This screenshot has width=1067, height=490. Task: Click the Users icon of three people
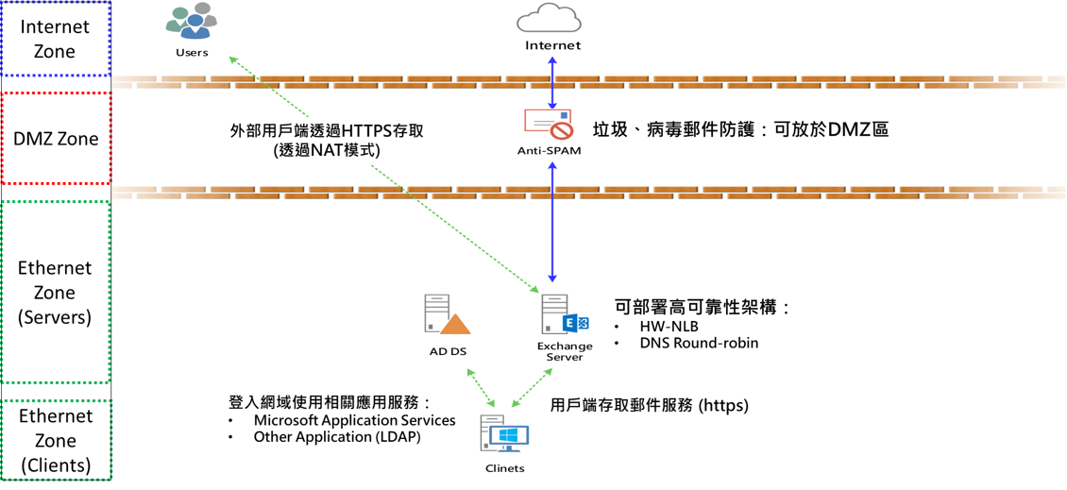pos(192,22)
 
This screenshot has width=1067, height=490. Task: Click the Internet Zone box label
pos(55,40)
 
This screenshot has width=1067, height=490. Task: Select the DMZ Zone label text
pos(56,139)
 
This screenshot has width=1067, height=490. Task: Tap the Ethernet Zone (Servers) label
pos(55,293)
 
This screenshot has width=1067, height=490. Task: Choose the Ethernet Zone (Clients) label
pos(55,440)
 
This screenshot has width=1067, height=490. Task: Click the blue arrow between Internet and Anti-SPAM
pos(553,80)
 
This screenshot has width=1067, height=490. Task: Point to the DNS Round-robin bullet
pos(698,343)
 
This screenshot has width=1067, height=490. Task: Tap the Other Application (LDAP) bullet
pos(337,437)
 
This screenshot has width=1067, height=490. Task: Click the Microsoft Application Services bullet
pos(354,420)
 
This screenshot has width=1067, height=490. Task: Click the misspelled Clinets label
pos(504,468)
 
